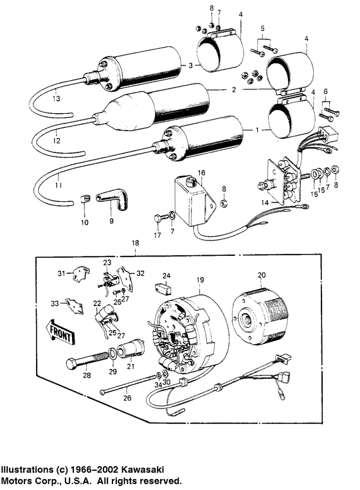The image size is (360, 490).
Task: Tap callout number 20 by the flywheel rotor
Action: (260, 275)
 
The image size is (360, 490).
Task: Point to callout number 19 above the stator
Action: (200, 280)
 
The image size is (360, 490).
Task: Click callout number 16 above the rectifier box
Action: (201, 173)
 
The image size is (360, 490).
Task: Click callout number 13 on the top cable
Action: (38, 100)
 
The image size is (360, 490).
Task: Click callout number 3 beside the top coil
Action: (190, 66)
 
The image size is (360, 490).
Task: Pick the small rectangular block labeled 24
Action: (165, 287)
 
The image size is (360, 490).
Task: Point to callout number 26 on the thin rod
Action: (127, 398)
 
